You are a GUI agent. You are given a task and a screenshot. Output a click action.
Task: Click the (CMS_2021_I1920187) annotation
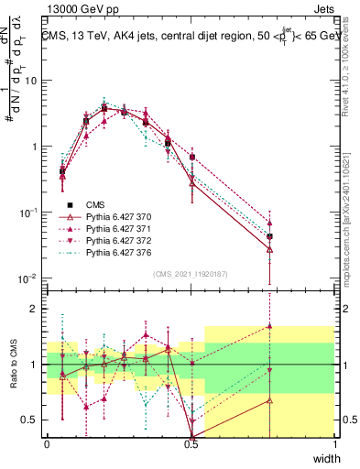pyautogui.click(x=191, y=272)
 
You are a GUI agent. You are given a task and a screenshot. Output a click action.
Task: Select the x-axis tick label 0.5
pyautogui.click(x=191, y=444)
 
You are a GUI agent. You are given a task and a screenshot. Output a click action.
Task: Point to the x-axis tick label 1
pyautogui.click(x=334, y=444)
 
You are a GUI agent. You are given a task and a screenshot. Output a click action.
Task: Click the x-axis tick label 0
pyautogui.click(x=47, y=444)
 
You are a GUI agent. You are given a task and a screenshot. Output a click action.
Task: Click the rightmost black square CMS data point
pyautogui.click(x=269, y=236)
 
